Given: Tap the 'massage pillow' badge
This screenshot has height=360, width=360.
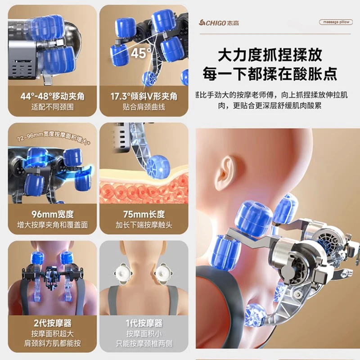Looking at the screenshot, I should [x=335, y=22].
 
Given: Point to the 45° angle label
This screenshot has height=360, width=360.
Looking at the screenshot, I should [x=141, y=53].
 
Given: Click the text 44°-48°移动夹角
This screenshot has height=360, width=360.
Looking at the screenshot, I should [x=53, y=96].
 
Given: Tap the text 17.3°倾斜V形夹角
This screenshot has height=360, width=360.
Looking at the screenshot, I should [x=144, y=96].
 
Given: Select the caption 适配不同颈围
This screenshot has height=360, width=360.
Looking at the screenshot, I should [x=53, y=107].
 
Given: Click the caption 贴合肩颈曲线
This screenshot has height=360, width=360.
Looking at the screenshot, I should [x=144, y=107].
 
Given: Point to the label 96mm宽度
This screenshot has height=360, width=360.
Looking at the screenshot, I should [x=53, y=214].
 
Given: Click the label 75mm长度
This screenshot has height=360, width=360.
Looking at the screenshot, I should [x=144, y=214].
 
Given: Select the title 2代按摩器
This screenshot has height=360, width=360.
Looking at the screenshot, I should [x=53, y=323].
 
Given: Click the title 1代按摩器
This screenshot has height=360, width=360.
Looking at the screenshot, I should [x=144, y=323].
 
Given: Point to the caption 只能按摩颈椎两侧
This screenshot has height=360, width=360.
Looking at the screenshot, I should [x=144, y=344].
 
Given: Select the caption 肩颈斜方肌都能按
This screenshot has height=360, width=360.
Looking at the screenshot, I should [x=53, y=344].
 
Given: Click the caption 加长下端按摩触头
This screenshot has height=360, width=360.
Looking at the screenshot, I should [x=144, y=225].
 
